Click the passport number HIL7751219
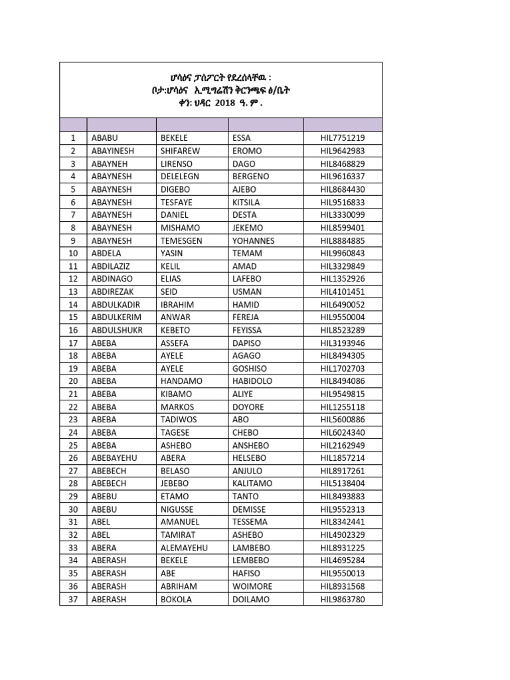(343, 138)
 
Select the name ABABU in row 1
(105, 138)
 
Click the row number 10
(73, 253)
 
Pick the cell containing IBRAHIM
(177, 304)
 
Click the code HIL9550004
(343, 317)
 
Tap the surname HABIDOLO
(254, 381)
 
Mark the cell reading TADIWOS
(178, 420)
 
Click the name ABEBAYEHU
(114, 458)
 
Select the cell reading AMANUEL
(179, 522)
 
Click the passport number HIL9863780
(343, 599)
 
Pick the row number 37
(73, 599)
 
